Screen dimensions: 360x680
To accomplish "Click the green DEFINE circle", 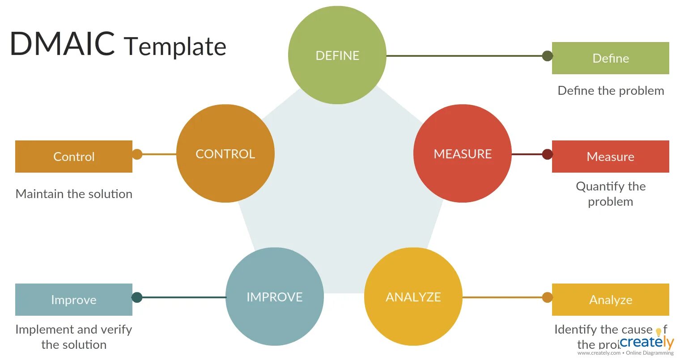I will point(337,55).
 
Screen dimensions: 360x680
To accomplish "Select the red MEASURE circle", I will point(463,153).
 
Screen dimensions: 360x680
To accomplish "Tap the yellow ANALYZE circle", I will point(413,296).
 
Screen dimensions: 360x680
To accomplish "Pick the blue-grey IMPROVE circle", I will point(275,296).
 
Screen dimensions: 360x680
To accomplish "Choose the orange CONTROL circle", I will point(225,153).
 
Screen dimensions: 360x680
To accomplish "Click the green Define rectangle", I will point(610,58).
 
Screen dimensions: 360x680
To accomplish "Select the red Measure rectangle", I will point(610,157).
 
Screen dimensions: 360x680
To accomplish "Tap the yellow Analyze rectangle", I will point(610,300).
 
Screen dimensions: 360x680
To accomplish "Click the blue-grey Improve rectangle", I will point(74,300).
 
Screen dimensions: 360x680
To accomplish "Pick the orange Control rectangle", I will point(74,157).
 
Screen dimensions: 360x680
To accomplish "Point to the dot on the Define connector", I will point(547,56).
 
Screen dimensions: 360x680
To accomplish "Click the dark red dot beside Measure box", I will point(547,154).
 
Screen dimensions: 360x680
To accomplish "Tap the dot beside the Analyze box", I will point(547,297).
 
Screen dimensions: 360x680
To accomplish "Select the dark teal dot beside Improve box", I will point(137,297).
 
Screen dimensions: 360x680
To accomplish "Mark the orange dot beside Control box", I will point(137,154).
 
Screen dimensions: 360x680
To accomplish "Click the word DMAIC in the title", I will point(62,44).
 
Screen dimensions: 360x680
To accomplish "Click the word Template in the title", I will point(175,46).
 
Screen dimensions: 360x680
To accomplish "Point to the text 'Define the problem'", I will point(611,91).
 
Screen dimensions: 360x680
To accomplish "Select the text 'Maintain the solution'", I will point(74,194).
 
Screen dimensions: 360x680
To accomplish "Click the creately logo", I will point(647,343).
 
